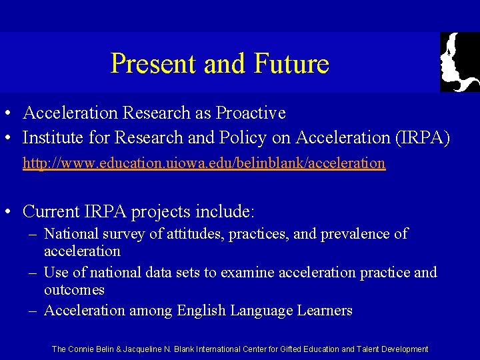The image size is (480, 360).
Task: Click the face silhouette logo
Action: pyautogui.click(x=459, y=62)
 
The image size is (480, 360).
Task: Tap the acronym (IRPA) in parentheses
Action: pyautogui.click(x=421, y=138)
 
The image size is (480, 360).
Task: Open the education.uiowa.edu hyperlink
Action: pyautogui.click(x=204, y=163)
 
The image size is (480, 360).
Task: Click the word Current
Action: pyautogui.click(x=52, y=212)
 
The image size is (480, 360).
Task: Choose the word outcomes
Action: pyautogui.click(x=74, y=290)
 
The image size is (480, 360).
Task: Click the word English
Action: pyautogui.click(x=202, y=311)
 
